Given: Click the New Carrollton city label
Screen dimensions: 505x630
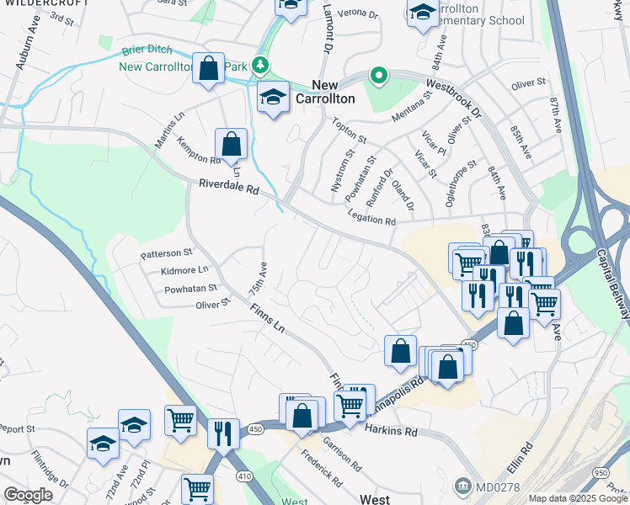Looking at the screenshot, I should [333, 91].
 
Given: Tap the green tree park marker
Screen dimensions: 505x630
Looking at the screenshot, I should [261, 65].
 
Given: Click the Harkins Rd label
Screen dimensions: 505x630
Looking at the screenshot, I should [392, 431].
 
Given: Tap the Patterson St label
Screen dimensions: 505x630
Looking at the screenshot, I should [166, 252].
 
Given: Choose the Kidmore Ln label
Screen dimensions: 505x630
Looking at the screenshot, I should [184, 270].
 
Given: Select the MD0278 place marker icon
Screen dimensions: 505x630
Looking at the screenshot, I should [462, 486].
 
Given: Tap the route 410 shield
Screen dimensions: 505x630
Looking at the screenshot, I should [244, 476].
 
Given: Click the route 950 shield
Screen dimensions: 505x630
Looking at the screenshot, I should [601, 474].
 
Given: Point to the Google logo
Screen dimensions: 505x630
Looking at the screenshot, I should [28, 495].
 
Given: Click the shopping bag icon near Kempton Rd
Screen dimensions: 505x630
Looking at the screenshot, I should [231, 144].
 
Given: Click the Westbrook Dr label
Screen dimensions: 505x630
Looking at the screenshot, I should [452, 98].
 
